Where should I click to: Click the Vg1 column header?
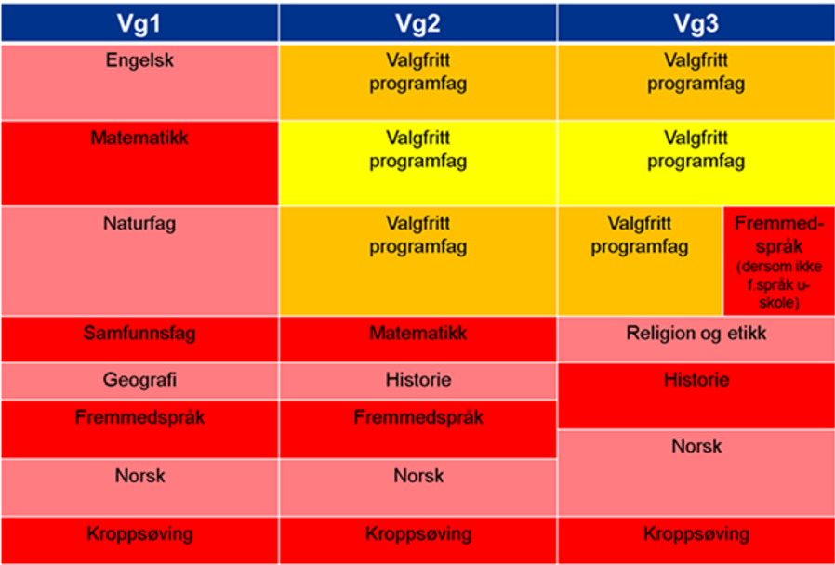click(139, 22)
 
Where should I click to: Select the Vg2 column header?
click(417, 22)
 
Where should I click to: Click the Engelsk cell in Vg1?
click(139, 81)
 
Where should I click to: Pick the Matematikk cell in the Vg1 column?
click(139, 163)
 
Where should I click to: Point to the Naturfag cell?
click(139, 260)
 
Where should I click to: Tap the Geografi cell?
click(139, 381)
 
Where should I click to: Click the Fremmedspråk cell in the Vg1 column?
click(139, 428)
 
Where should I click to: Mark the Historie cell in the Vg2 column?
click(417, 381)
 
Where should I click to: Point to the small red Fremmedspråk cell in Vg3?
click(778, 260)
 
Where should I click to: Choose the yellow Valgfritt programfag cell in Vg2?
click(417, 163)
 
